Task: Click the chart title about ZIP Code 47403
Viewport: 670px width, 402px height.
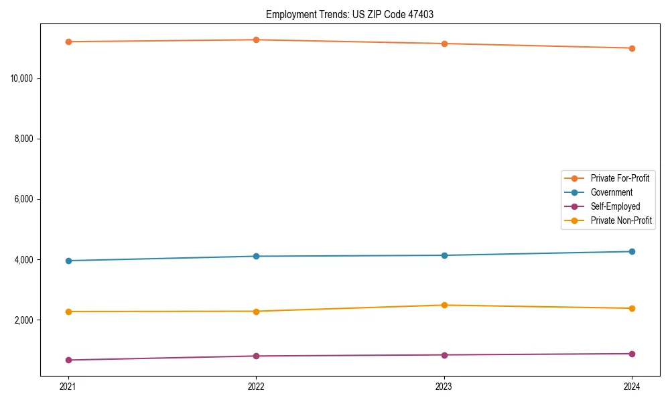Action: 350,14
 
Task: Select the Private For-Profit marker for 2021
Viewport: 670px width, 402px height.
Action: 68,42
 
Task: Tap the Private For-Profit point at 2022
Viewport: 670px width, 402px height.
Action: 256,40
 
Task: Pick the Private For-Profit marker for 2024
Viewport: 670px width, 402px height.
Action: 632,48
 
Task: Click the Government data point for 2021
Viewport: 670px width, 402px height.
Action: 68,261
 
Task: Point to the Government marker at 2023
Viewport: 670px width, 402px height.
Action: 444,255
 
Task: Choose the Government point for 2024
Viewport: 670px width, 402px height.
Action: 632,251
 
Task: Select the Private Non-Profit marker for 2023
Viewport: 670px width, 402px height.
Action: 444,305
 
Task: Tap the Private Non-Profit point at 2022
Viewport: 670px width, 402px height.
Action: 256,311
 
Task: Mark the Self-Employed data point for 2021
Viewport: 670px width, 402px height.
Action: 68,360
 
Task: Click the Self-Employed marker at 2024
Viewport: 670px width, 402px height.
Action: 632,354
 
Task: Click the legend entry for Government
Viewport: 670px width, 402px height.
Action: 611,192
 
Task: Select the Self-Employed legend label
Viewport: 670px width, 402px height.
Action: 615,206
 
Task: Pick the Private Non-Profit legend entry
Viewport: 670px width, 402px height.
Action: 621,220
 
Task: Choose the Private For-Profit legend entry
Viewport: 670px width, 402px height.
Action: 620,178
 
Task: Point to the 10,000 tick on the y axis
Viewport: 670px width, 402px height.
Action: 25,78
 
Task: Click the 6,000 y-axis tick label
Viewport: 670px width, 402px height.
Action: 27,200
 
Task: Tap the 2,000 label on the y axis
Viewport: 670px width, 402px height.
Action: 27,320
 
